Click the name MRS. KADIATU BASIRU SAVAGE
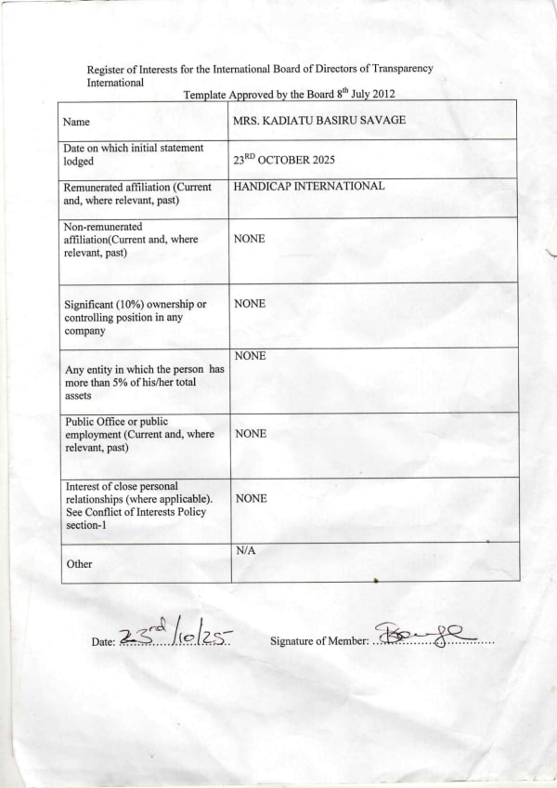319,121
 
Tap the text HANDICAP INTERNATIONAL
309,186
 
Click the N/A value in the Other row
245,550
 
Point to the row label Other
79,563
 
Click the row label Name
76,122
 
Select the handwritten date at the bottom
176,635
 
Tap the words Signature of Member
318,641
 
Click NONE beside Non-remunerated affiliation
250,239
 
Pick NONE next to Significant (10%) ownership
250,304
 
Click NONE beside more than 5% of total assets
250,356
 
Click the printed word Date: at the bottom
103,641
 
